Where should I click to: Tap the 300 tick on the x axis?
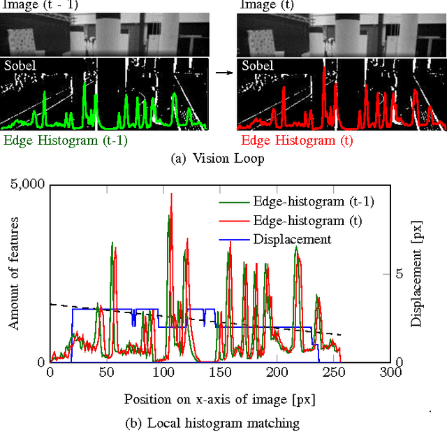click(x=390, y=373)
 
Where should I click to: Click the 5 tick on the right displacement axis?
click(x=400, y=274)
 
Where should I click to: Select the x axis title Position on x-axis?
click(x=219, y=399)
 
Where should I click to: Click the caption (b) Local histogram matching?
click(x=220, y=422)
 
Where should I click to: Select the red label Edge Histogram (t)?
click(x=296, y=140)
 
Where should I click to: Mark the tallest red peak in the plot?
click(x=171, y=194)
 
